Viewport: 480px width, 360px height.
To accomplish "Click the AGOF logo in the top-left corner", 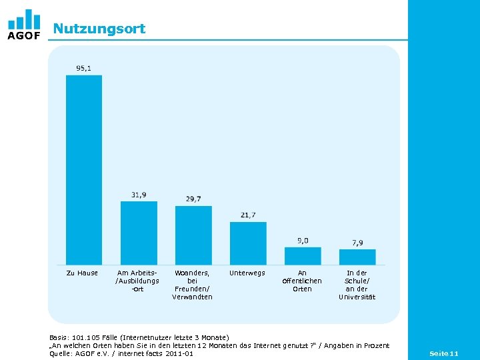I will coord(23,25).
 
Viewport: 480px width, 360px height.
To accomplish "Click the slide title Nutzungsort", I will coord(99,29).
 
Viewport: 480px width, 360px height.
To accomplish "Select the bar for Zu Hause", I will coord(84,169).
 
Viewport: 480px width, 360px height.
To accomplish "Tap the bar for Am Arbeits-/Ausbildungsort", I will coord(139,233).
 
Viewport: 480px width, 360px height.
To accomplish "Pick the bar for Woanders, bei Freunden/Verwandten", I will coord(193,235).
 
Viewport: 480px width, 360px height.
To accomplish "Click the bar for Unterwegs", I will coord(248,243).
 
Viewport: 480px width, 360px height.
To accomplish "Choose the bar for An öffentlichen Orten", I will coord(303,256).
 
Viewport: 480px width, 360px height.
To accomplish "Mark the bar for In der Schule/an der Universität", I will coord(357,257).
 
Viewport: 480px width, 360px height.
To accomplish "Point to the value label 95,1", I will coord(84,68).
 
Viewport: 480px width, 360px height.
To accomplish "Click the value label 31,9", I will coord(139,195).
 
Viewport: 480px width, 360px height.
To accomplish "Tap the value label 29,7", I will coord(193,199).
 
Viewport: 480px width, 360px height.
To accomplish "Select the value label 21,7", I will coord(248,215).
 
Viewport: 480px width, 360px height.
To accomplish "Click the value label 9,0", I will coord(303,240).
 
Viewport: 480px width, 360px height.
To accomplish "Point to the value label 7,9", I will coord(357,242).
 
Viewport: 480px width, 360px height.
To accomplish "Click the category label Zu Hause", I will coord(83,273).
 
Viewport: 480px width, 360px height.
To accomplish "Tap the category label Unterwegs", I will coord(247,273).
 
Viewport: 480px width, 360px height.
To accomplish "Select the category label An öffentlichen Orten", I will coord(302,281).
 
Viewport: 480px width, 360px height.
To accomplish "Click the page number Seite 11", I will coord(444,353).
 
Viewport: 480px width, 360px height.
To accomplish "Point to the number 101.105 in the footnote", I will coord(87,337).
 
